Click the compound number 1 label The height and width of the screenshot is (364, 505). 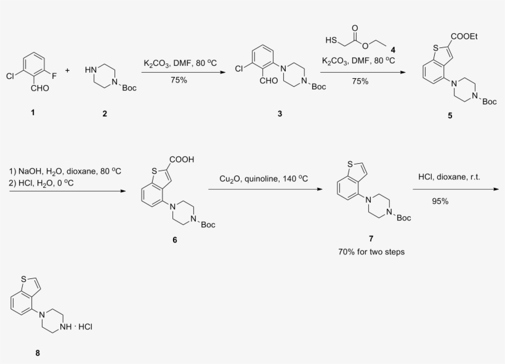(x=33, y=113)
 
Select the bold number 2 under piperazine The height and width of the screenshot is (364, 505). (x=105, y=114)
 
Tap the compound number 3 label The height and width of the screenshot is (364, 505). (x=280, y=114)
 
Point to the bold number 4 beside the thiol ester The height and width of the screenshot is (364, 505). (x=393, y=50)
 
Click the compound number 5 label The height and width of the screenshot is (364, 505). (x=450, y=116)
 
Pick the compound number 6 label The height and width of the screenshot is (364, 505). (x=174, y=240)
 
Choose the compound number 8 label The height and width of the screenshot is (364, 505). (x=38, y=353)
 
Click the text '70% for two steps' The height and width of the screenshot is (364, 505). (x=371, y=252)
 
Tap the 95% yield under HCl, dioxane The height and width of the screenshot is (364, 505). (x=440, y=201)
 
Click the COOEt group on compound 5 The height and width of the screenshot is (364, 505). (x=464, y=36)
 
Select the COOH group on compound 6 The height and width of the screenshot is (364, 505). (x=182, y=160)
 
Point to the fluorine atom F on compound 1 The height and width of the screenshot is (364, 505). (x=54, y=76)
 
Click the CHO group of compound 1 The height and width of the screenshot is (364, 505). (x=40, y=88)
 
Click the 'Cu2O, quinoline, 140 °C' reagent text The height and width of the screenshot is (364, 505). (x=264, y=179)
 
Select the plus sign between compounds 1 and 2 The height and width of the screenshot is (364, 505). (x=67, y=70)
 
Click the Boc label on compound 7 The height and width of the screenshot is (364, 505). (x=404, y=218)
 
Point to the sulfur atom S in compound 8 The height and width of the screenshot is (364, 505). (x=24, y=278)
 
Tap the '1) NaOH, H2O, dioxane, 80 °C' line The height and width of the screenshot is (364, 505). (x=65, y=171)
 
